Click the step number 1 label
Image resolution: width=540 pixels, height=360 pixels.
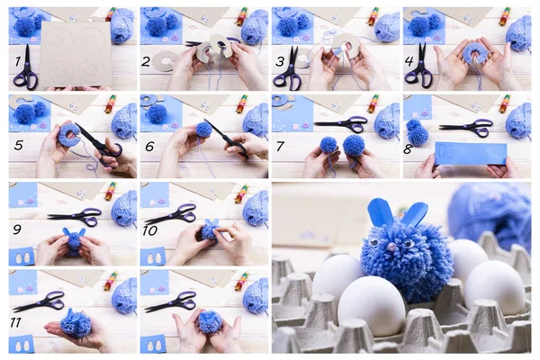[x=17, y=62]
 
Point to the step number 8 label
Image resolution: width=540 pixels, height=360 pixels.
[x=409, y=148]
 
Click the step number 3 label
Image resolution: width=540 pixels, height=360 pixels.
[x=280, y=61]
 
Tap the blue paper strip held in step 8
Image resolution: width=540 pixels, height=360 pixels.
[x=470, y=154]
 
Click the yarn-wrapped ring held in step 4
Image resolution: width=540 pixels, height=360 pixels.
[x=474, y=53]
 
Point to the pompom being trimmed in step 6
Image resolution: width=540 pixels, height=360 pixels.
[x=204, y=130]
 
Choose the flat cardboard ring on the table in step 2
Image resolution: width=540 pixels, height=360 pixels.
[x=164, y=60]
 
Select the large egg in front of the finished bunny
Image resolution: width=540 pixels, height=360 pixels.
[x=372, y=303]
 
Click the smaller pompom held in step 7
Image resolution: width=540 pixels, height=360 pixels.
[x=328, y=145]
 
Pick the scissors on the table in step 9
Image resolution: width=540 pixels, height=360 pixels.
[x=76, y=216]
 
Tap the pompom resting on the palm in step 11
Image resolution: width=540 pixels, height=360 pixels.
[x=76, y=324]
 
